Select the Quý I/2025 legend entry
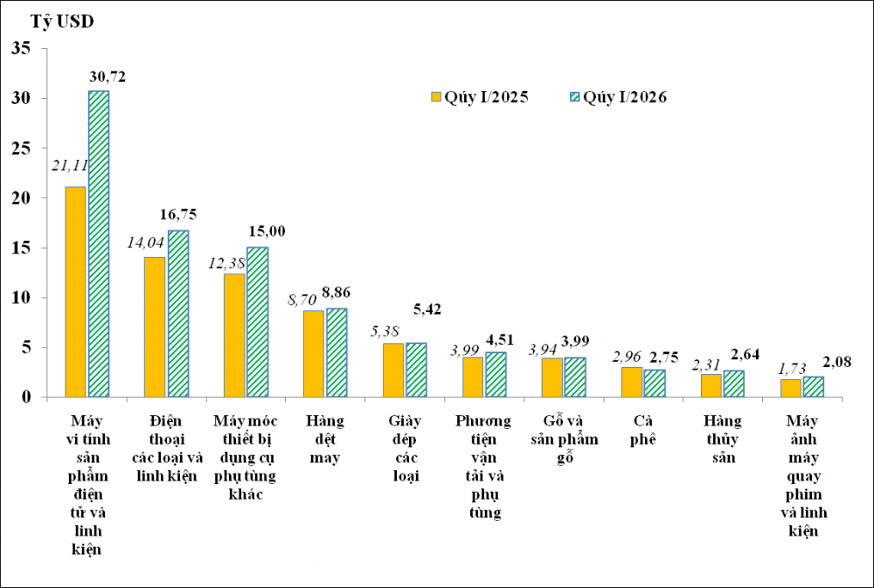[x=479, y=97]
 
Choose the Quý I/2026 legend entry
[x=619, y=97]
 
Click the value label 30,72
[x=108, y=77]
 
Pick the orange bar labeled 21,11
[x=75, y=292]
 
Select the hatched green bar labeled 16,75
[x=178, y=314]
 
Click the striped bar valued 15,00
[x=258, y=322]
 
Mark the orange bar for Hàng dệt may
[x=314, y=353]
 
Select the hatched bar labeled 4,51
[x=496, y=374]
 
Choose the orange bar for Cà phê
[x=632, y=382]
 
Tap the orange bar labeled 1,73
[x=790, y=388]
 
